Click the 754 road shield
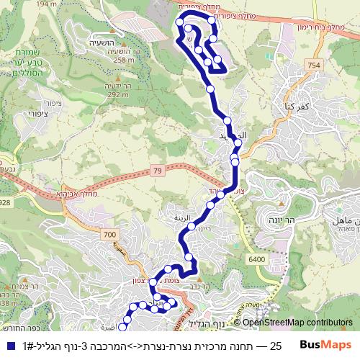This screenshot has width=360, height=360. (x=312, y=66)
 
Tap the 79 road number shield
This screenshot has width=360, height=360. (x=158, y=171)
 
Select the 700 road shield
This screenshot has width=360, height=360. (x=109, y=235)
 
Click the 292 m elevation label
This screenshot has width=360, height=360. (x=117, y=94)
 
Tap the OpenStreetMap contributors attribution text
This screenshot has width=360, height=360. (x=297, y=323)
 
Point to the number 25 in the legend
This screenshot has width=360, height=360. (x=274, y=345)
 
